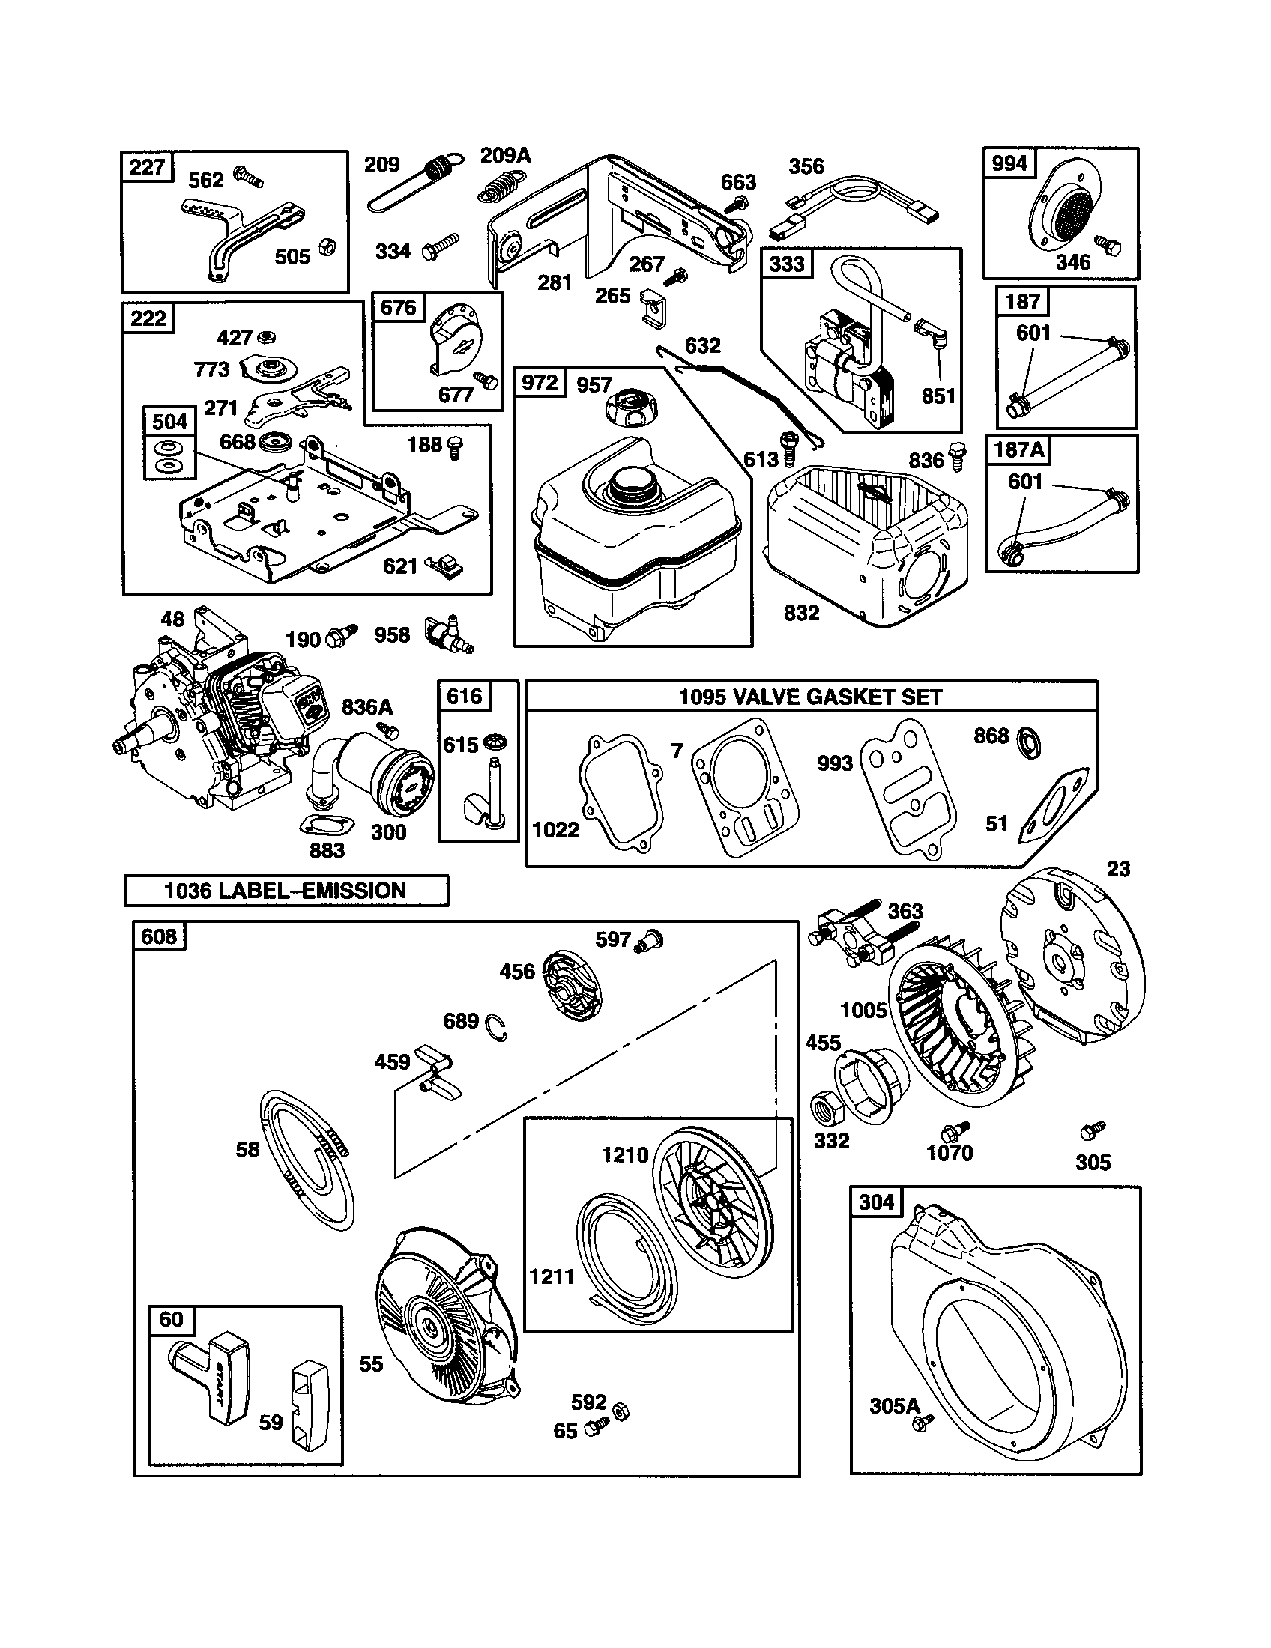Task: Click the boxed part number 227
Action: point(147,166)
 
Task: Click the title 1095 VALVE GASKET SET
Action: point(811,697)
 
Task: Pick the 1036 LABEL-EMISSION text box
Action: point(286,891)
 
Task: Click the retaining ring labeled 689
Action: point(497,1026)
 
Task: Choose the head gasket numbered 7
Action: point(743,787)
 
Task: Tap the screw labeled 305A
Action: point(921,1423)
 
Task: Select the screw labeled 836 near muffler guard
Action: point(955,455)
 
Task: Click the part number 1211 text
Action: point(552,1276)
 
